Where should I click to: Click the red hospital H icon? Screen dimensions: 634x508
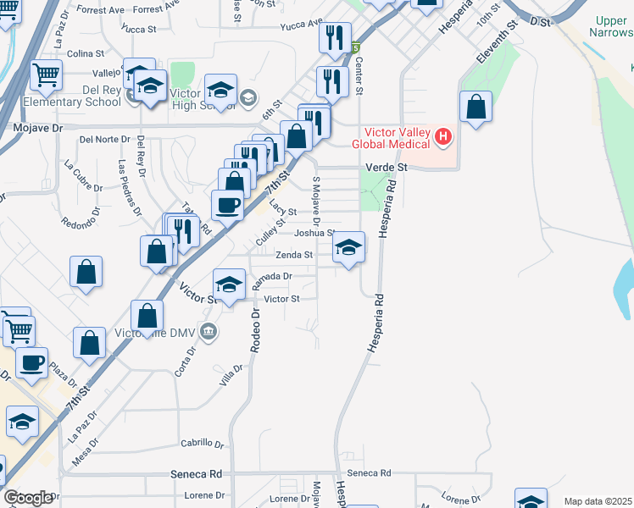pos(442,136)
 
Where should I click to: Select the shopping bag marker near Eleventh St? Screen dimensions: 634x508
pos(476,108)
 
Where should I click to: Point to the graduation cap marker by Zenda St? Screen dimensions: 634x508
pos(348,248)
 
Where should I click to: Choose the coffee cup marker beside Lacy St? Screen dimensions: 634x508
pos(227,205)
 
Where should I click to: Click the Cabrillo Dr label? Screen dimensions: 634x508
pos(202,444)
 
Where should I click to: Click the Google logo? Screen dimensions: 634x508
pos(28,499)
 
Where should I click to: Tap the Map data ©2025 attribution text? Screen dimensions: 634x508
pos(598,501)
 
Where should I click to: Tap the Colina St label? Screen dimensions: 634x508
pos(85,53)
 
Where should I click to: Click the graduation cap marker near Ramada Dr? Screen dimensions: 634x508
pos(229,285)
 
